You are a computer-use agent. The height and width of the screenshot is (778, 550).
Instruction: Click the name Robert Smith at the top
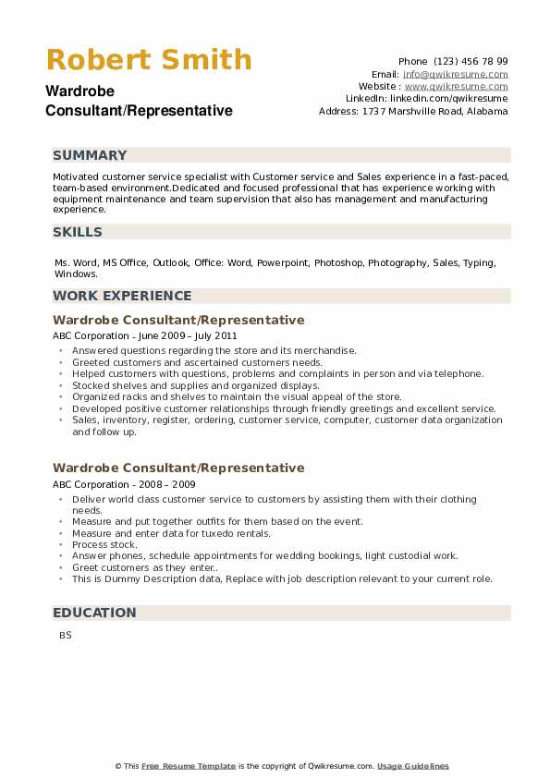148,60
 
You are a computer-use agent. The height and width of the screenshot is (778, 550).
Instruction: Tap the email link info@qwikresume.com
455,74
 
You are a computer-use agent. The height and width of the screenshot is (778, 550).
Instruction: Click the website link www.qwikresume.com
456,86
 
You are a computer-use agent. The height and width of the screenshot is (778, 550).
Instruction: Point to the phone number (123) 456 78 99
472,61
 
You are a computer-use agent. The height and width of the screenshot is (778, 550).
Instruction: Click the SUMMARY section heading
91,155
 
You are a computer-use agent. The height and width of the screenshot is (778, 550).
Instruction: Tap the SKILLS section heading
78,232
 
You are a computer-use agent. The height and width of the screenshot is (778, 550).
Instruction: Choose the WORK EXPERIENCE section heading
122,296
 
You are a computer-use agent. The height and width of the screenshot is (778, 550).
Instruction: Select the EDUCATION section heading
94,613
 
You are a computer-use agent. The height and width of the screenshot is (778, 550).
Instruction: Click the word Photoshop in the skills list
338,263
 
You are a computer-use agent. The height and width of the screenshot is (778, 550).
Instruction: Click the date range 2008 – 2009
165,484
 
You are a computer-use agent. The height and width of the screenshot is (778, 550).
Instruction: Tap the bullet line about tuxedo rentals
171,533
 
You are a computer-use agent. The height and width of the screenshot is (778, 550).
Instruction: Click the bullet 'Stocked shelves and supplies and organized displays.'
195,385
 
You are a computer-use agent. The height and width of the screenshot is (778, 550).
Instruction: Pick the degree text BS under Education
65,636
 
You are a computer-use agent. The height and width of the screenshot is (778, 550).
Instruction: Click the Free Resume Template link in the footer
189,766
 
